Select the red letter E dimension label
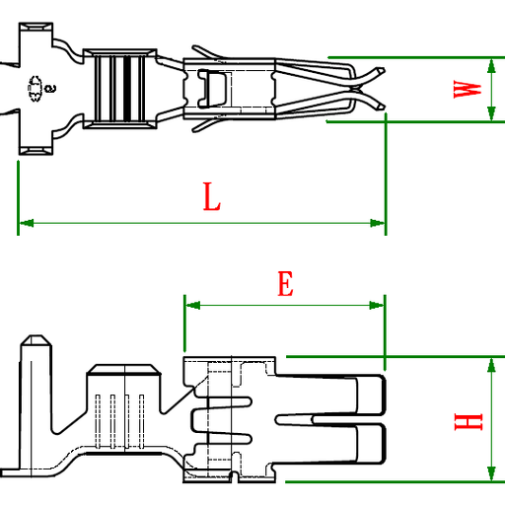[284, 285]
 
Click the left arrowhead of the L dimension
[25, 223]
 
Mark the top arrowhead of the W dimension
[491, 64]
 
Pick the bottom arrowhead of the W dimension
[491, 114]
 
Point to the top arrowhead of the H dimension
[491, 364]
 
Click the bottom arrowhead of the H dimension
[491, 474]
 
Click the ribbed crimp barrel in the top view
[119, 88]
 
